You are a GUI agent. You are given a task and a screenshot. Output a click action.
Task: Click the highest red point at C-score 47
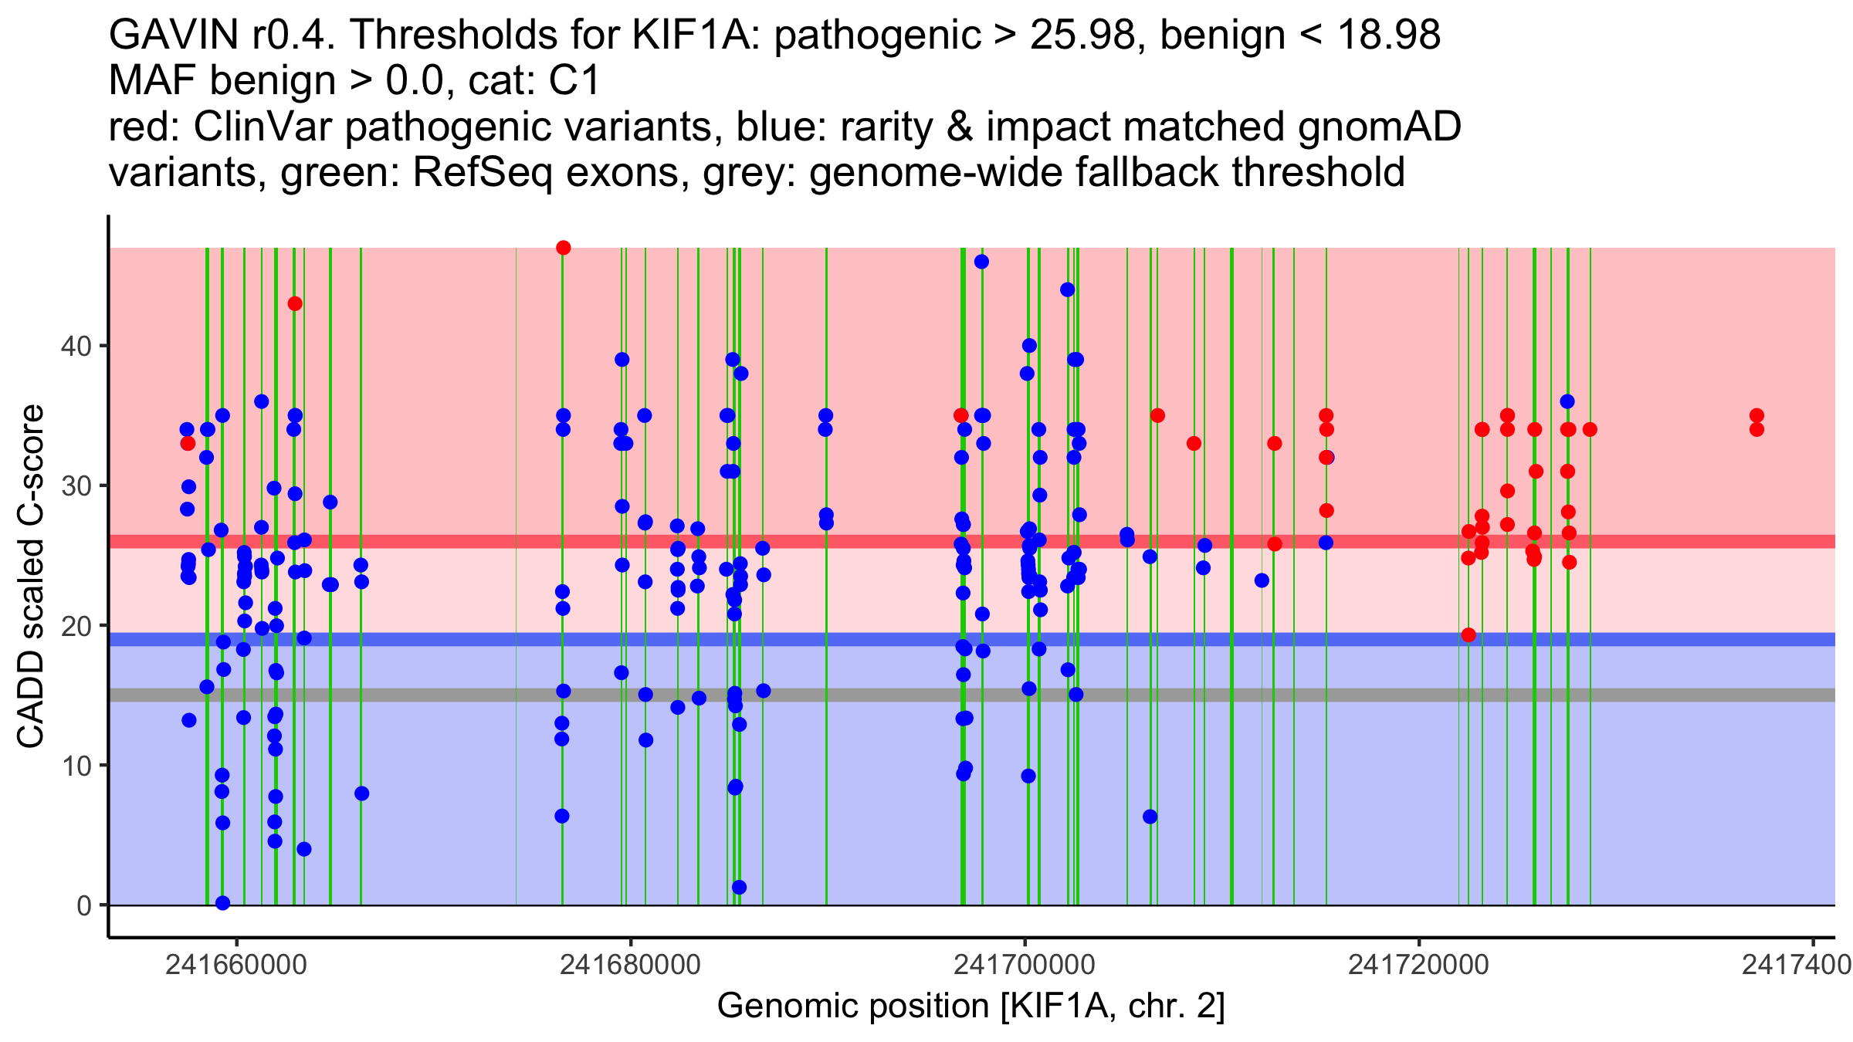click(x=564, y=248)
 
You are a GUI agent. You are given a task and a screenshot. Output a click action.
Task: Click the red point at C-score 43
click(x=295, y=303)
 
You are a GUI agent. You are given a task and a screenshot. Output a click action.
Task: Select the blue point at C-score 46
click(x=981, y=262)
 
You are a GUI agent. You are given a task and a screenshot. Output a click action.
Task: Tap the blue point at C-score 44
click(x=1068, y=289)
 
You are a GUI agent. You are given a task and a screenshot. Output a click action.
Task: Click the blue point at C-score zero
click(x=222, y=903)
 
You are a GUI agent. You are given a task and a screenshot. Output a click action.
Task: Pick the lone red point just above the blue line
click(x=1469, y=635)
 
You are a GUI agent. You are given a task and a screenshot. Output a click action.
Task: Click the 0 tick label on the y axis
click(x=83, y=905)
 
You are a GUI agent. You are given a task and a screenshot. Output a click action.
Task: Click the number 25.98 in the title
click(x=1085, y=36)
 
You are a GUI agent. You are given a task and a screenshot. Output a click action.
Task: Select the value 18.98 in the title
click(x=1389, y=36)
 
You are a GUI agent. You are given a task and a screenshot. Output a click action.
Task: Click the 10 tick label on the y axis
click(x=75, y=766)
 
